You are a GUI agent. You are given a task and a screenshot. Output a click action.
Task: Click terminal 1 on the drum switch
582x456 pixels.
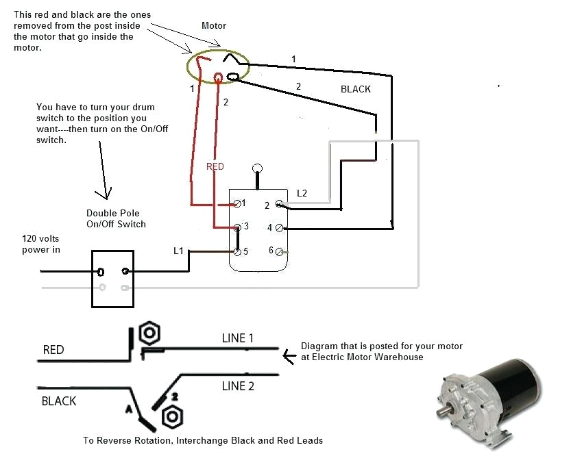(x=237, y=204)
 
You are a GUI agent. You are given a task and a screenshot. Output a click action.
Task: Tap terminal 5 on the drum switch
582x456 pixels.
(x=237, y=251)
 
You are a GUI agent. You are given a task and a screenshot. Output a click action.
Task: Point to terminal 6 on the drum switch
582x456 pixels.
(x=279, y=251)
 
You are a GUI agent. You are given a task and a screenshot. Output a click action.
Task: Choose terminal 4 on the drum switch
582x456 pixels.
(x=279, y=227)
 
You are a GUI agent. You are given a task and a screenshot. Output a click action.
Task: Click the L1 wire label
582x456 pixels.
(x=178, y=251)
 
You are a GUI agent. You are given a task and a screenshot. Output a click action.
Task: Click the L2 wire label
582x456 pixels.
(x=302, y=194)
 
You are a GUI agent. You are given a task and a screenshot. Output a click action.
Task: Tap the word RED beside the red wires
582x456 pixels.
(x=215, y=166)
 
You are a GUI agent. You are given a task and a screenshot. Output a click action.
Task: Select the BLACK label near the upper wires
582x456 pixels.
(x=355, y=89)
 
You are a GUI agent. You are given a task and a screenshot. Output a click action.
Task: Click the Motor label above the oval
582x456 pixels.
(x=213, y=26)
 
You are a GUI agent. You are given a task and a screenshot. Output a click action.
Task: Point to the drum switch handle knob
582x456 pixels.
(x=258, y=168)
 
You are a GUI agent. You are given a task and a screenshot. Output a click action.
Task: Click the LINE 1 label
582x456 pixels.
(x=238, y=338)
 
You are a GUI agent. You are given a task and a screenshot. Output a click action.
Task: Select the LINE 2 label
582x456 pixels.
(x=238, y=386)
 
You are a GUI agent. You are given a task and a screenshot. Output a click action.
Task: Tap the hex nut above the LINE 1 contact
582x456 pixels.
(x=149, y=333)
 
